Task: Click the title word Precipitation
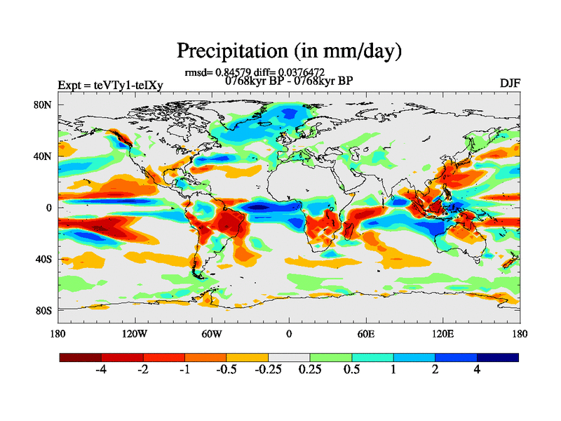tap(227, 51)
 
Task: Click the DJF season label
tap(510, 83)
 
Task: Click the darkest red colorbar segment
tap(81, 357)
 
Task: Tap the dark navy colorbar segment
tap(498, 357)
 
